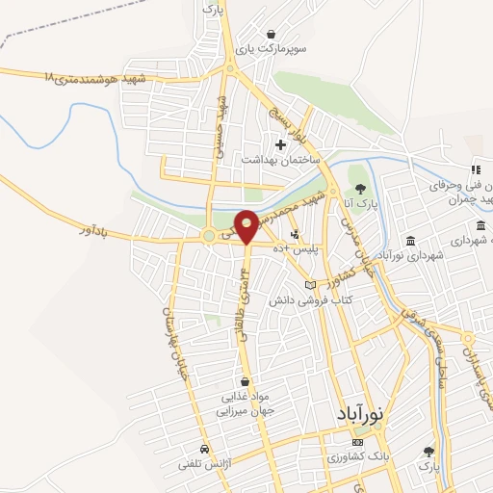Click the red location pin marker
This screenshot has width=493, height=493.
tap(246, 224)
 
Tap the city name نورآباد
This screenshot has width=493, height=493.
tap(361, 412)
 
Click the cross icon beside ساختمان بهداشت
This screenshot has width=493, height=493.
tap(280, 145)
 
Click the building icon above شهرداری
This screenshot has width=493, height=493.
tap(411, 240)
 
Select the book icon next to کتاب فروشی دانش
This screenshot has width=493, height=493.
tap(309, 285)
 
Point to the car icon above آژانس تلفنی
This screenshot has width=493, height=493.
tap(203, 449)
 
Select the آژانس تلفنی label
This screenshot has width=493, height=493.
tap(199, 464)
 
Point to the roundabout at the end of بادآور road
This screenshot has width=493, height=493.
tap(208, 236)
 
